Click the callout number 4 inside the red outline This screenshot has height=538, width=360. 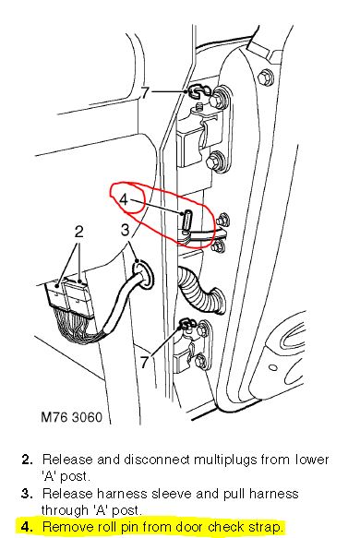(124, 199)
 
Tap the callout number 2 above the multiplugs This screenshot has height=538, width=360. (79, 232)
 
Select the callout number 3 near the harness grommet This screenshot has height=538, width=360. (126, 230)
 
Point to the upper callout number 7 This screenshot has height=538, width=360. (146, 92)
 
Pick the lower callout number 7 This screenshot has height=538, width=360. (145, 362)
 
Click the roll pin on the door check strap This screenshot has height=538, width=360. (186, 221)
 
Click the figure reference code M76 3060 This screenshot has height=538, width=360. (72, 417)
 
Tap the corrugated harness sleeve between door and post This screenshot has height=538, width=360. (200, 288)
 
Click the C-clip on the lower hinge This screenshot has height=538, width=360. (187, 323)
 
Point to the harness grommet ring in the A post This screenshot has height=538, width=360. (142, 274)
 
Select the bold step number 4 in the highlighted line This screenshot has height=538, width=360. (27, 527)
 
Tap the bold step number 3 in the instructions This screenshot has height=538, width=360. (27, 494)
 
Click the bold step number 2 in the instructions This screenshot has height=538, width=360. (27, 460)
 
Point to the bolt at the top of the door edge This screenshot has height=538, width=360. (266, 78)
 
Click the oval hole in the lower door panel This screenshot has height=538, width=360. (273, 368)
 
